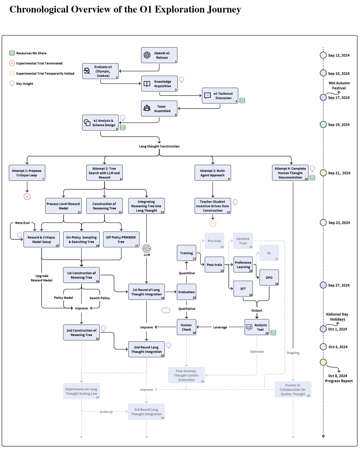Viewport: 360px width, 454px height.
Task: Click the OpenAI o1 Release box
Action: [x=159, y=55]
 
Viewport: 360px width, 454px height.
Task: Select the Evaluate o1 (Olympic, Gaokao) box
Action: [x=100, y=71]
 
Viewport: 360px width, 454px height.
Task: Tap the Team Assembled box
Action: [x=159, y=109]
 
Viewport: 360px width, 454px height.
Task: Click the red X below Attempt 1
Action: [x=27, y=196]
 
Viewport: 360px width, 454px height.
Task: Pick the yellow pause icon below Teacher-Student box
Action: [x=213, y=224]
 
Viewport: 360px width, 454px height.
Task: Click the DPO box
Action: [x=269, y=278]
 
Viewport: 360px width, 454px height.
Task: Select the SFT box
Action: [x=243, y=289]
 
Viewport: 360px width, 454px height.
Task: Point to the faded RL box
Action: [x=269, y=253]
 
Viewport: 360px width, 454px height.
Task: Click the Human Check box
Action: [x=186, y=327]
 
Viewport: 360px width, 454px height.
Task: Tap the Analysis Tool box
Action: [x=257, y=327]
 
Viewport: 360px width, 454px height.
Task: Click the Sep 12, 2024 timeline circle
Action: [x=323, y=55]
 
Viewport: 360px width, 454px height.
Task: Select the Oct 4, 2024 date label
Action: [x=338, y=347]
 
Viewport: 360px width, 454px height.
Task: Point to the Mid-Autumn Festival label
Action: [x=339, y=85]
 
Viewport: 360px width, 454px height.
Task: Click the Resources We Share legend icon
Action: [x=12, y=53]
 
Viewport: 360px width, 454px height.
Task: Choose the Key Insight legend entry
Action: [x=24, y=84]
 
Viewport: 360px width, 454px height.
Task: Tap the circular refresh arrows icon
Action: [x=166, y=310]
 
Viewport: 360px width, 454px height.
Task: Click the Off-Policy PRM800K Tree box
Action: [x=121, y=240]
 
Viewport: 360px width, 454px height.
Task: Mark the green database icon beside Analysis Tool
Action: [x=273, y=333]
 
